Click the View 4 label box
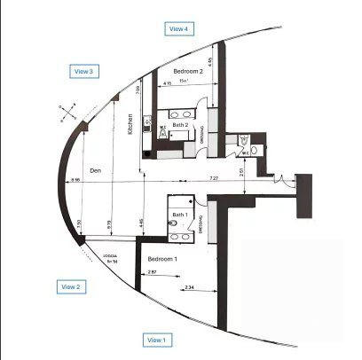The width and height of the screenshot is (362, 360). click(x=179, y=28)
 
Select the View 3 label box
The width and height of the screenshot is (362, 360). click(x=84, y=71)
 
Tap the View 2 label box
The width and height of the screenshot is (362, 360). click(x=70, y=286)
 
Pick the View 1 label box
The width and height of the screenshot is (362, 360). click(x=157, y=340)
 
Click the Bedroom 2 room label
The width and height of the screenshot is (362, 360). click(x=188, y=71)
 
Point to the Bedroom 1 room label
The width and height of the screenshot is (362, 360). click(x=162, y=258)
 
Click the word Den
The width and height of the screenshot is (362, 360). click(x=98, y=170)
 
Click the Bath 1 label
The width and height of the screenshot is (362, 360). click(x=180, y=215)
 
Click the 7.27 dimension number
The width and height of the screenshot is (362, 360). click(x=214, y=179)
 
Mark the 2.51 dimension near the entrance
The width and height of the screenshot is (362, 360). click(x=243, y=171)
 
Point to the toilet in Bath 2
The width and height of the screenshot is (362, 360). click(x=163, y=129)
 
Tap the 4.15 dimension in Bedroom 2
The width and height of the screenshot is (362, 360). click(x=167, y=83)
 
